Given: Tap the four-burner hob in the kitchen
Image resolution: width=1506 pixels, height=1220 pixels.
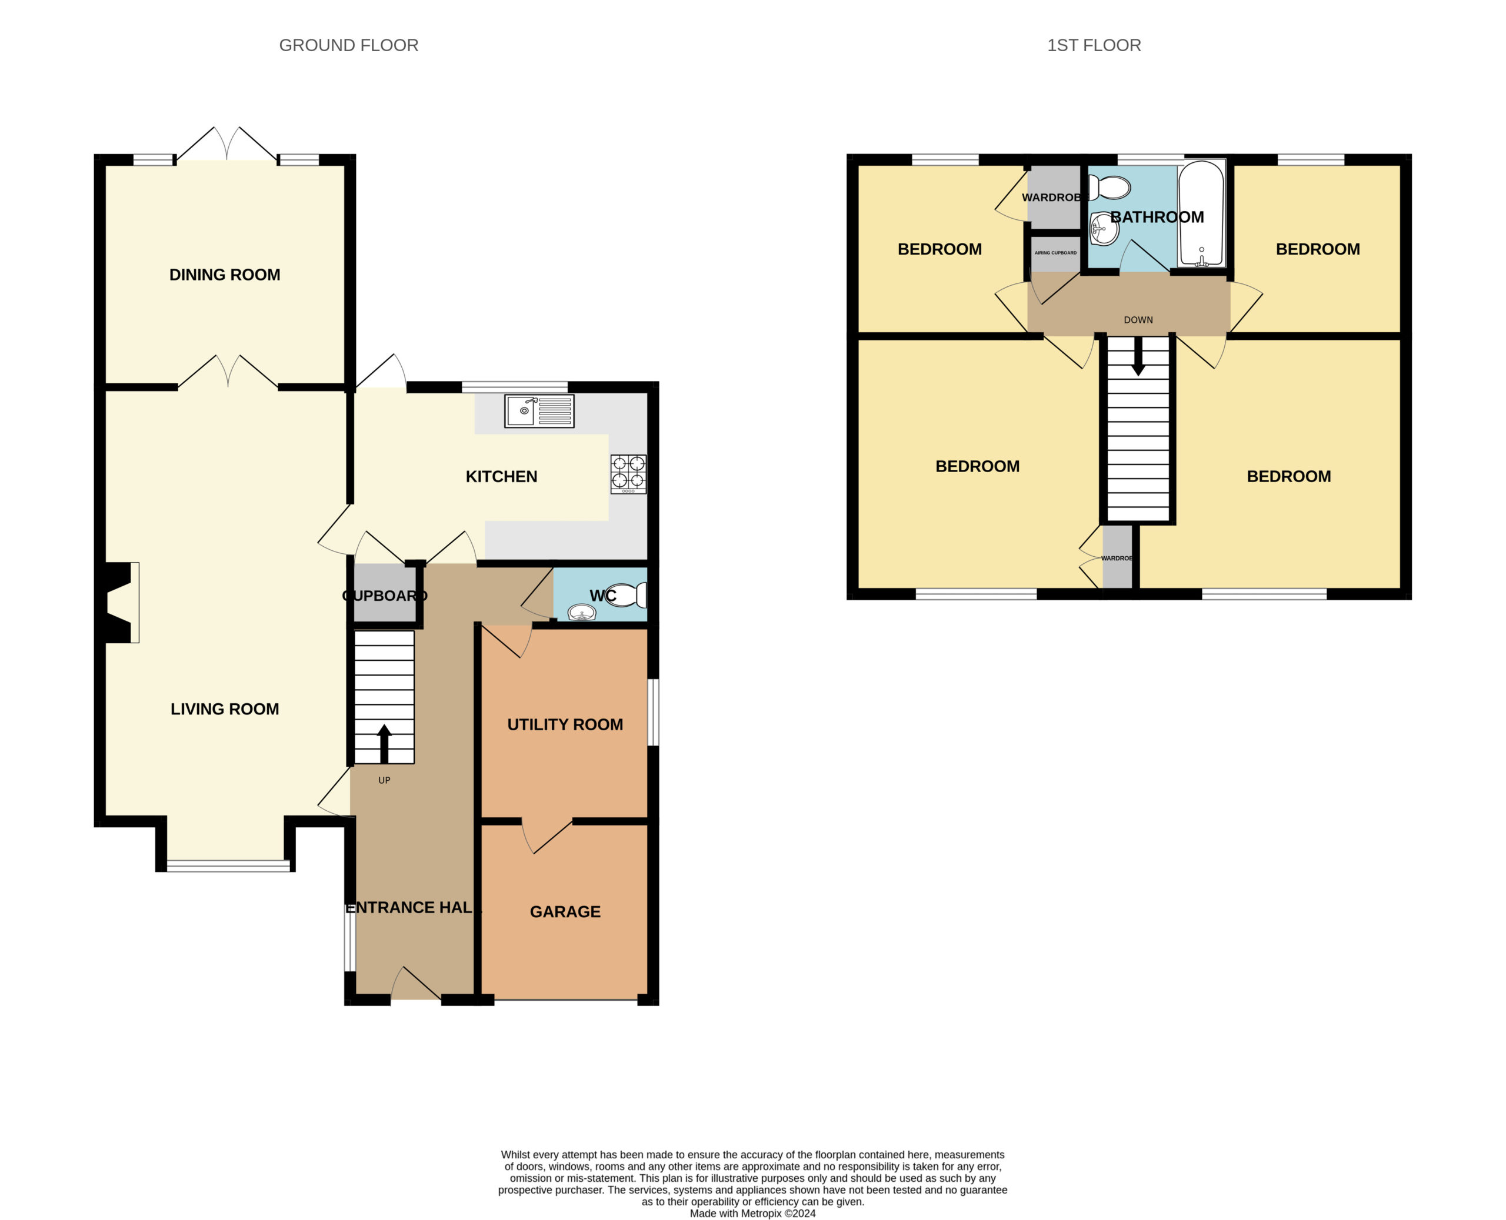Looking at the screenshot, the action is (628, 474).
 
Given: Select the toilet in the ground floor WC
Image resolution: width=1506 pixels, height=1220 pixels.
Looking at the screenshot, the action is (626, 595).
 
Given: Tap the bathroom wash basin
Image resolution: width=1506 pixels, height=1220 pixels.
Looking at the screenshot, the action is (1104, 229).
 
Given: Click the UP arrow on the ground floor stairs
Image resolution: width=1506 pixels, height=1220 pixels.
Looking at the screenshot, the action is (384, 744).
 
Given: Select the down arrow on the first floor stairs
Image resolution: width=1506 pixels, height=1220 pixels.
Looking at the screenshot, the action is (1138, 356).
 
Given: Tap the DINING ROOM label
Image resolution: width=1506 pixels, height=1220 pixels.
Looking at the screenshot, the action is (225, 275).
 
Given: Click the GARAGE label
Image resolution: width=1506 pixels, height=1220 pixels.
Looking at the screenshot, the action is (565, 911).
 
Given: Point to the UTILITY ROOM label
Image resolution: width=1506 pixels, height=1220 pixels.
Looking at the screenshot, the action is (565, 724).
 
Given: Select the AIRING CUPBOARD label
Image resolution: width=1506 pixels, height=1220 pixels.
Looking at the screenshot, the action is (1055, 253).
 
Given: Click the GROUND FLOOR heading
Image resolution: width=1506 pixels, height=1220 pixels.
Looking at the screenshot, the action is (349, 45).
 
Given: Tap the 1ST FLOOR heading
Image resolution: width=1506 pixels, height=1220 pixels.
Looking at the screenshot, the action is (1094, 45).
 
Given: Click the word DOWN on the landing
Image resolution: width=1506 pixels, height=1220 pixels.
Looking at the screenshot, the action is (1138, 320).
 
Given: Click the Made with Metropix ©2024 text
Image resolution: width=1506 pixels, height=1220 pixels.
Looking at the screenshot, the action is (753, 1214).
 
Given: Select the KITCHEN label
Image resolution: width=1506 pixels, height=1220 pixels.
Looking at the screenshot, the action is (501, 476).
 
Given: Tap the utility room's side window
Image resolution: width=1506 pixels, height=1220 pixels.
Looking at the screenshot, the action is (653, 711).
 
